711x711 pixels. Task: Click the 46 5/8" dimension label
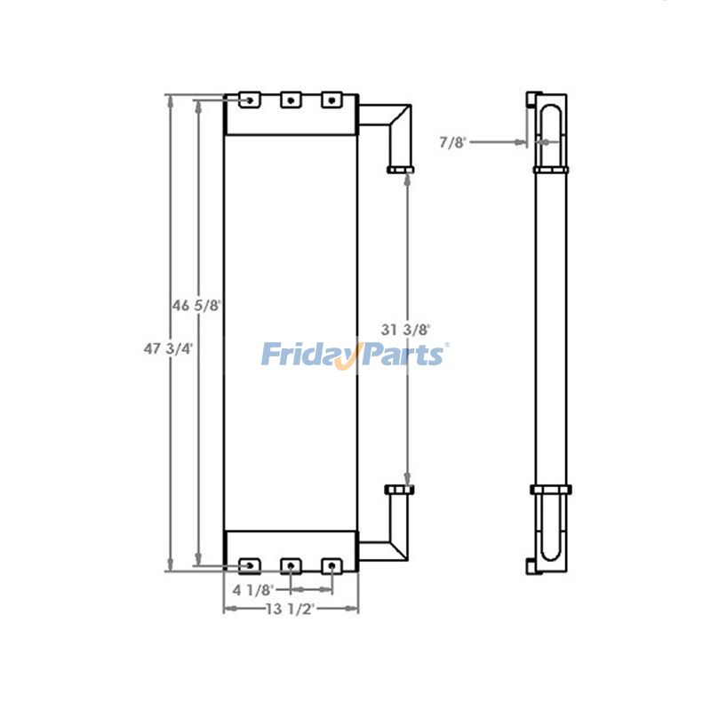tap(197, 305)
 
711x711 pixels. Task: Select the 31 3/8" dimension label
tap(406, 329)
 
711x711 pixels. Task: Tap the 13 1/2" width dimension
tap(290, 609)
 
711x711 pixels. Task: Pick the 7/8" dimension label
tap(453, 140)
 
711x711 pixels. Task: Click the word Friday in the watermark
tap(308, 355)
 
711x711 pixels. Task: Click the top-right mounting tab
tap(332, 100)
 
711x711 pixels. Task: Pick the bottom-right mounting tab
tap(332, 564)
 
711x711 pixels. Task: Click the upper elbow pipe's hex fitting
tap(399, 169)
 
